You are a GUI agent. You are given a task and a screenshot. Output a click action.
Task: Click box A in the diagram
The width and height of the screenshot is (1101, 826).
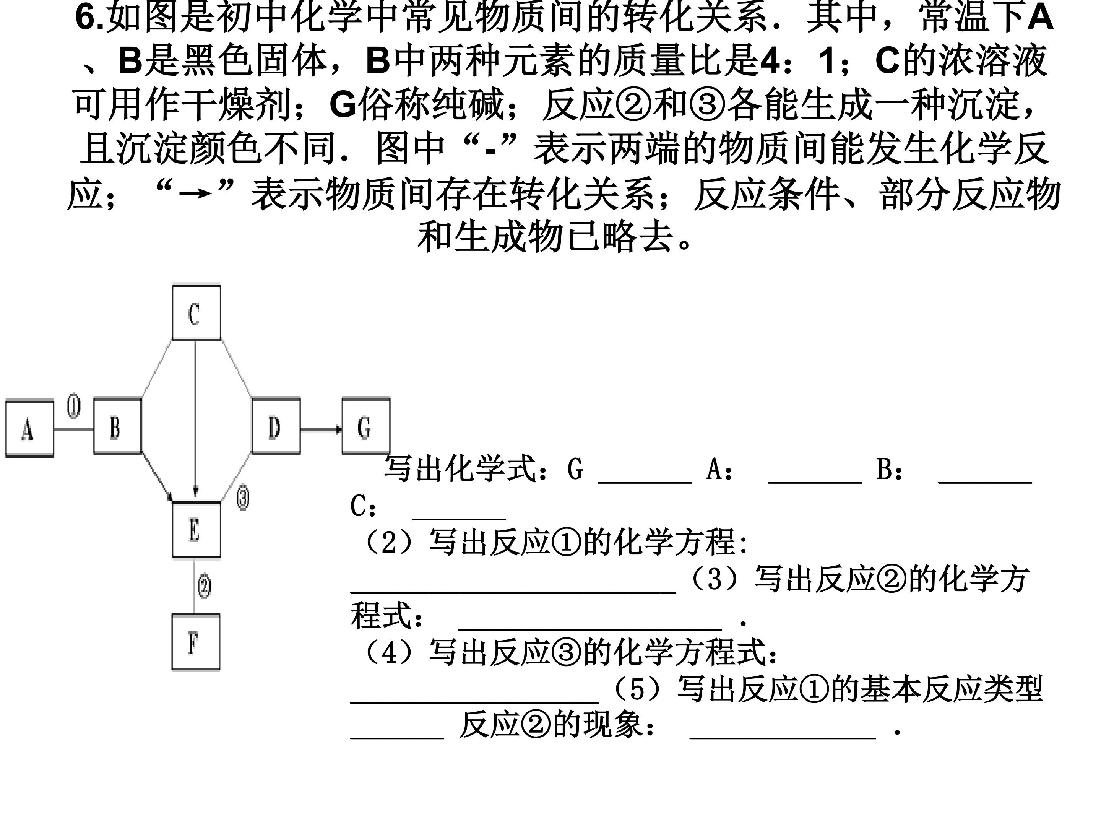click(x=29, y=428)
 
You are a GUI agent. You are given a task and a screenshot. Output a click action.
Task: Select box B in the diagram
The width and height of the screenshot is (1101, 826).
click(x=117, y=426)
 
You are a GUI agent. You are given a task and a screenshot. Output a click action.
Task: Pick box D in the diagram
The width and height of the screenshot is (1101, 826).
click(x=276, y=426)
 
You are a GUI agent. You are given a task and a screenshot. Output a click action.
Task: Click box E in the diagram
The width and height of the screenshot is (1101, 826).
click(x=196, y=530)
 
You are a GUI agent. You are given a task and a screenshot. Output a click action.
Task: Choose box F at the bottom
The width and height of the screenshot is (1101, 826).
click(x=196, y=642)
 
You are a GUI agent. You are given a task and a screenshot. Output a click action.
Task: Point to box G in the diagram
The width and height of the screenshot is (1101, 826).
click(x=366, y=426)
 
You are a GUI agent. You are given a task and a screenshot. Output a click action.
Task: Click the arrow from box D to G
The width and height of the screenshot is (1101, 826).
click(x=321, y=429)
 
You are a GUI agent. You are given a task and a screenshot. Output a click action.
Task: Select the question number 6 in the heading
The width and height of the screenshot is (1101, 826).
click(x=86, y=18)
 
